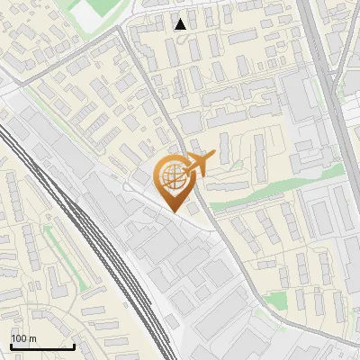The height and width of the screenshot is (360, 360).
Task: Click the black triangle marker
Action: point(181,24)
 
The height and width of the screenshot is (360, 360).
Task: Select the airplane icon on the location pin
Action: point(196,164)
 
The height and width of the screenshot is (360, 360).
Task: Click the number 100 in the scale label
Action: point(19,338)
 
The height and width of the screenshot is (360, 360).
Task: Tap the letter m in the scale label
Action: point(31,338)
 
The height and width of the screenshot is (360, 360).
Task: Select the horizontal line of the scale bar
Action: point(42,346)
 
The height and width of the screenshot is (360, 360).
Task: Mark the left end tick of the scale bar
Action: point(12,344)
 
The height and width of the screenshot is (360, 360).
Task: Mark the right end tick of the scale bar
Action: point(74,344)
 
